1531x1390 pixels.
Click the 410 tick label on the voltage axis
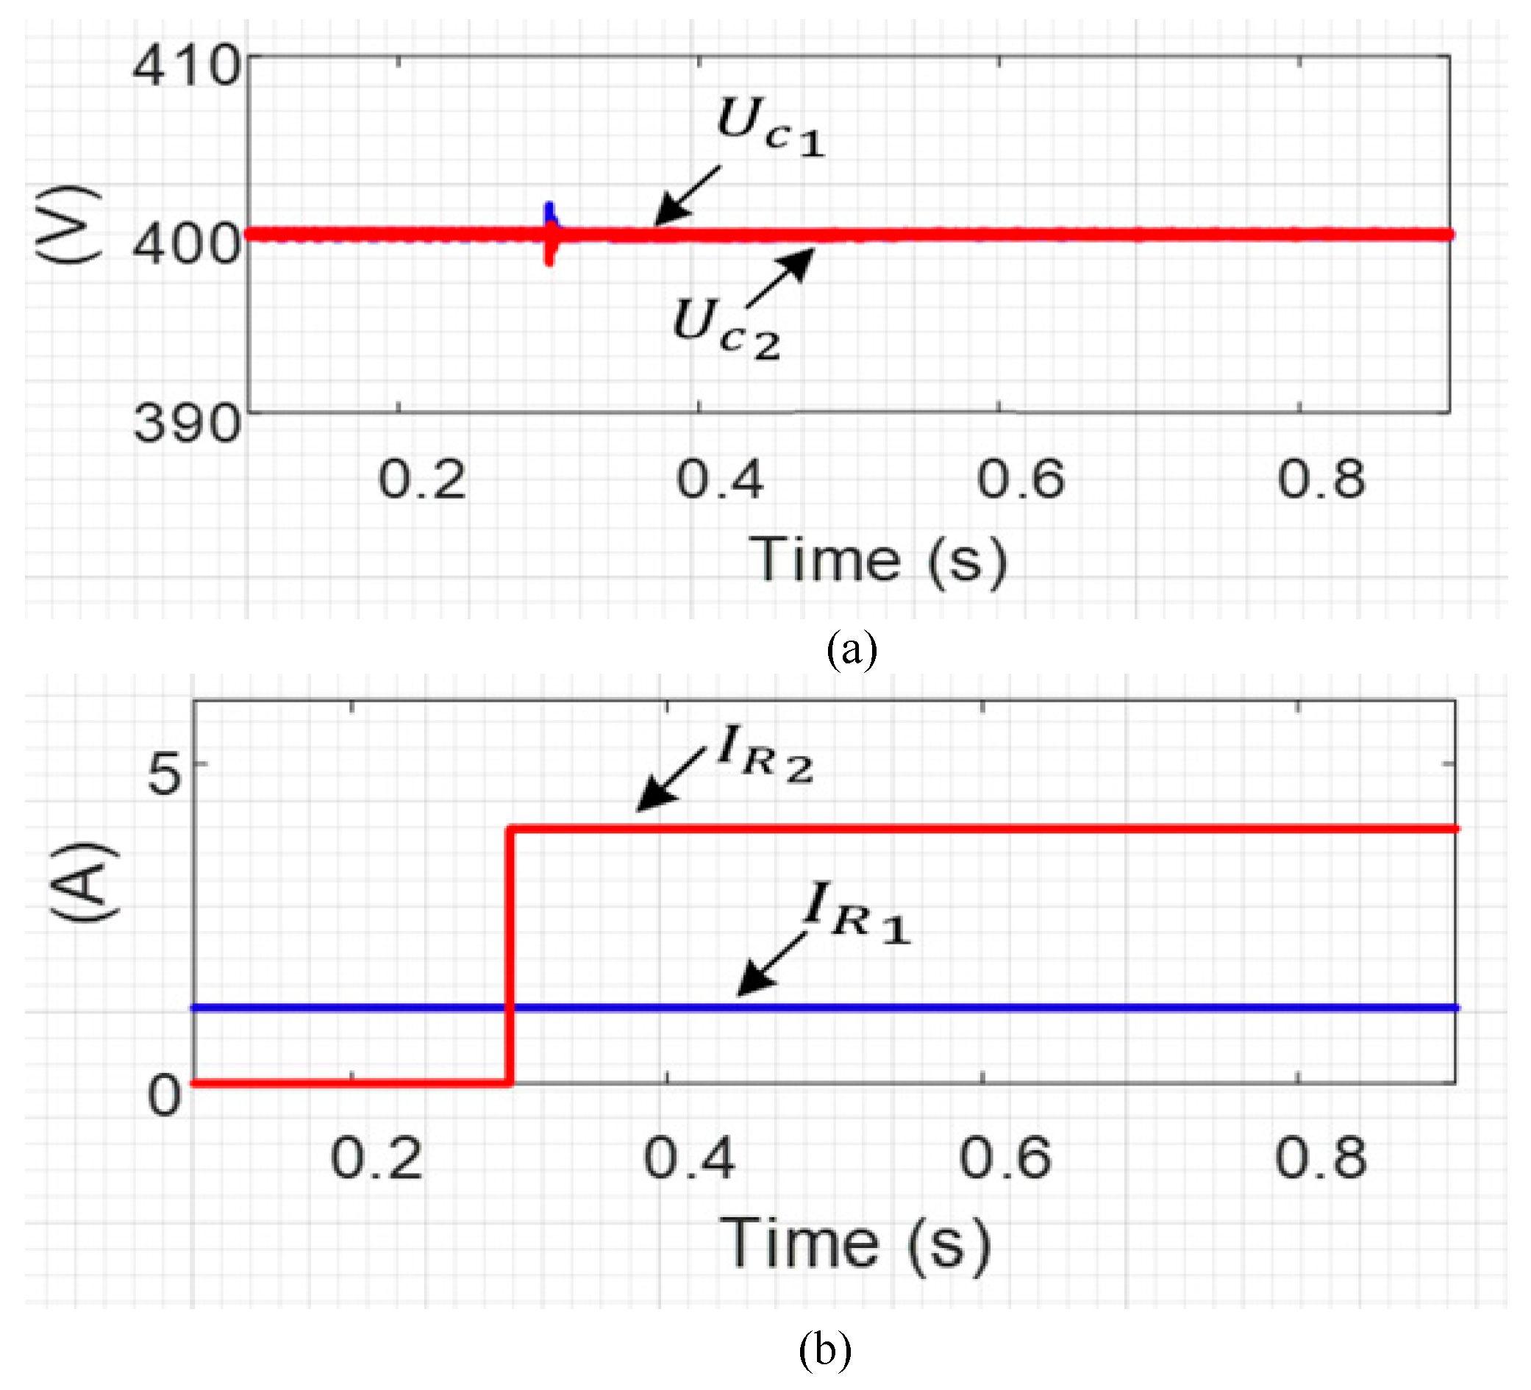point(187,66)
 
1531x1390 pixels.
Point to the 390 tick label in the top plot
point(187,423)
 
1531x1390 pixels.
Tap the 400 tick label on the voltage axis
point(187,245)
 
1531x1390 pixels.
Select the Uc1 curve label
point(770,128)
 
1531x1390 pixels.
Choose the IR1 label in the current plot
point(857,913)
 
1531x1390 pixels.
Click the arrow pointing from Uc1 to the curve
point(687,195)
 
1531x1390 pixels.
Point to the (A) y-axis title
point(84,881)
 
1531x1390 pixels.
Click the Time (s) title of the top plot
point(878,561)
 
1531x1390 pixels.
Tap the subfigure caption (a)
point(852,650)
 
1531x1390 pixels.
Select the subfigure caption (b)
point(825,1350)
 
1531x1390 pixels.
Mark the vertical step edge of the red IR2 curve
point(510,955)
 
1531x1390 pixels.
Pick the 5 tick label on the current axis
point(165,774)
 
